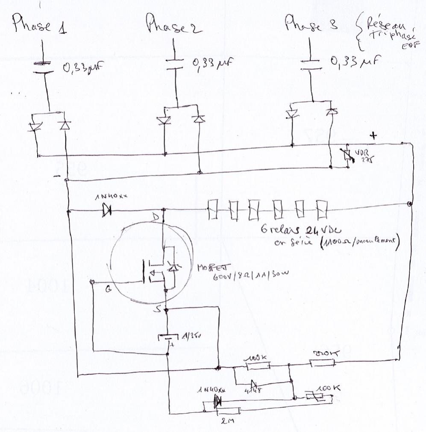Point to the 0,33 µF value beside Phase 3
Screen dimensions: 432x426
coord(355,62)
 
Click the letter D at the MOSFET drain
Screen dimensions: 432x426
coord(156,218)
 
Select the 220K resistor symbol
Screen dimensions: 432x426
coord(322,364)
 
